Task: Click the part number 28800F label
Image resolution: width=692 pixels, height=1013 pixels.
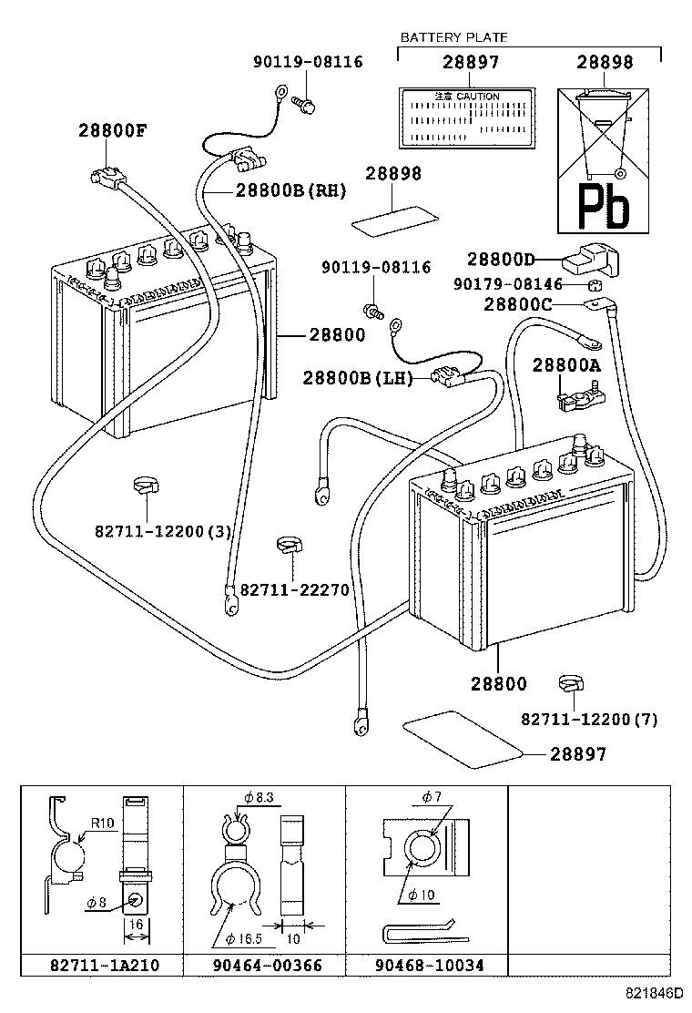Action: tap(111, 131)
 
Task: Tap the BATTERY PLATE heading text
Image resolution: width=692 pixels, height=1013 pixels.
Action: tap(453, 37)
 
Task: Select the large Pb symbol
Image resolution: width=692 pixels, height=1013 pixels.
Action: tap(604, 208)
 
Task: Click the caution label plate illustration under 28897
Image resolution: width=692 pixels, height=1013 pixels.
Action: tap(467, 117)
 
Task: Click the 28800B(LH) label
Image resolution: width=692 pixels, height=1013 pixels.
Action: tap(358, 378)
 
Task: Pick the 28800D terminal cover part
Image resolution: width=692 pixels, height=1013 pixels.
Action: tap(590, 260)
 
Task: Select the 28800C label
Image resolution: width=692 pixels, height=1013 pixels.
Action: tap(517, 304)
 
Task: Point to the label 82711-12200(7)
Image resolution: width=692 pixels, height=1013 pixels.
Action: tap(589, 719)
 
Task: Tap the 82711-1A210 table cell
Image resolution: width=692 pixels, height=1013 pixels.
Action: tap(101, 965)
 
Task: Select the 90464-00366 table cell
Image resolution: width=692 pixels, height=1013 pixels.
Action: tap(263, 965)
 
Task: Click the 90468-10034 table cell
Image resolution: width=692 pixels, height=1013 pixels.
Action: tap(425, 965)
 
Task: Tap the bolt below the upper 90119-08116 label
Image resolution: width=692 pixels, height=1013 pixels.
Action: tap(307, 104)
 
